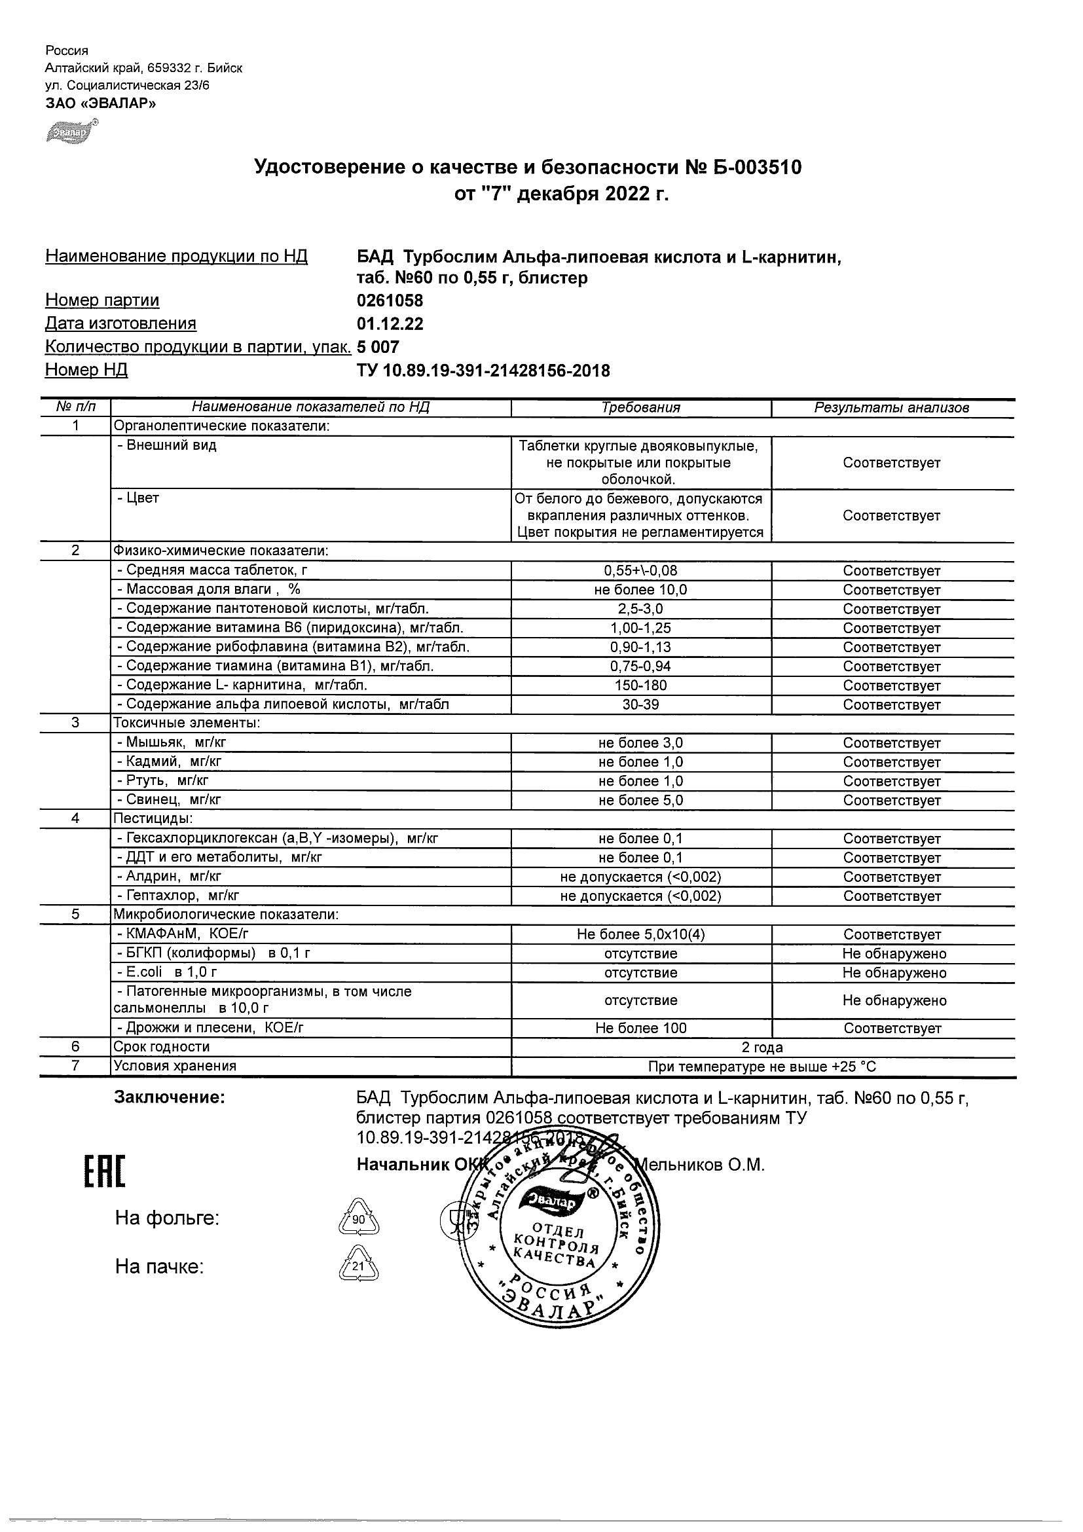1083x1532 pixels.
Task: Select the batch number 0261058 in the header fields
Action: pos(390,301)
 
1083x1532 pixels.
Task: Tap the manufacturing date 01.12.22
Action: pos(390,324)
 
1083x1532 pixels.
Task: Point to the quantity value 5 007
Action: pos(378,347)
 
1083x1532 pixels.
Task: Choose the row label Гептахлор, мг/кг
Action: pos(177,896)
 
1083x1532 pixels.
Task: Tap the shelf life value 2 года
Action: pos(762,1048)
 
